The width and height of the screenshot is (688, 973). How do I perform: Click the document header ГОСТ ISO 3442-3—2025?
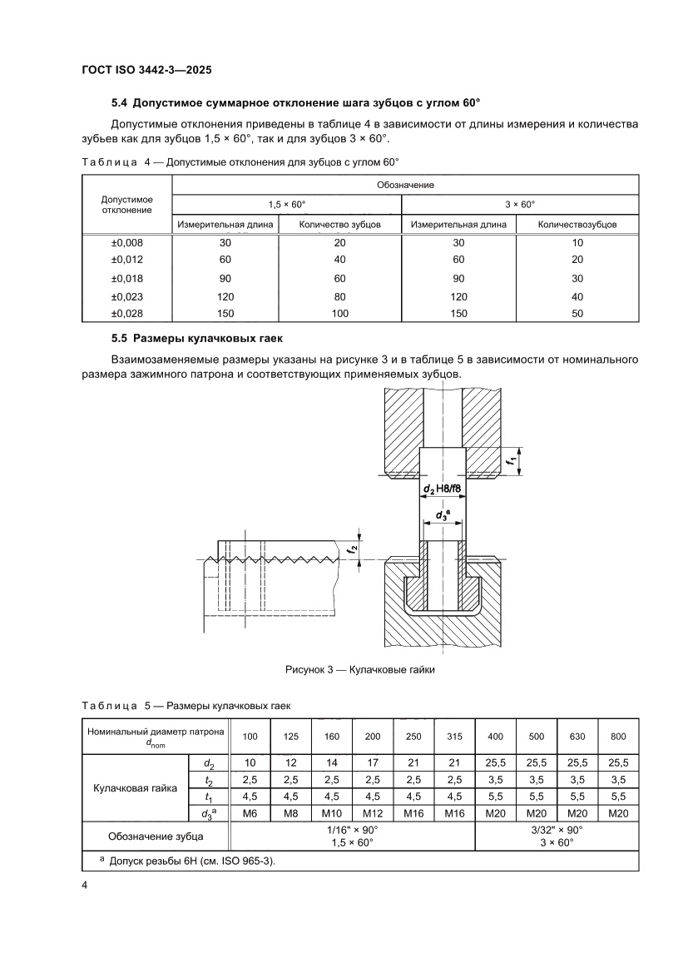151,71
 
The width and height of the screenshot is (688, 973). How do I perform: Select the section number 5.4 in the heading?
120,103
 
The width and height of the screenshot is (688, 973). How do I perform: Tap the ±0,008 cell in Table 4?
126,242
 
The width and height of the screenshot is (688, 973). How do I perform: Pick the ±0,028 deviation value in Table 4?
126,314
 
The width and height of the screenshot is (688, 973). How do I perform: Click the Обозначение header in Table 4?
405,184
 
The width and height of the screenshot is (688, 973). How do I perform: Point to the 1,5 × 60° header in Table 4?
286,204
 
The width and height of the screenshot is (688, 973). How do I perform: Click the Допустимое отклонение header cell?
126,204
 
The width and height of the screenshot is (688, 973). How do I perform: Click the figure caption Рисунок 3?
360,668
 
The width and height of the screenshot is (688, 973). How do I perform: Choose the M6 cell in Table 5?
250,813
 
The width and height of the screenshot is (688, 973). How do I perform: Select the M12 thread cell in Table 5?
373,813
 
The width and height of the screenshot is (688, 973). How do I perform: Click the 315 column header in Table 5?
454,737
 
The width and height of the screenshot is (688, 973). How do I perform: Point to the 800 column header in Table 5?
618,737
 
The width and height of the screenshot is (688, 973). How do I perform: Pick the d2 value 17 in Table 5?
373,762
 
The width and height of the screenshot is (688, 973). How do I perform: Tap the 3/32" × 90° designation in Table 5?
557,830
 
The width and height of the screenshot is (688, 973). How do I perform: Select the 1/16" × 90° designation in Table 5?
352,830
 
